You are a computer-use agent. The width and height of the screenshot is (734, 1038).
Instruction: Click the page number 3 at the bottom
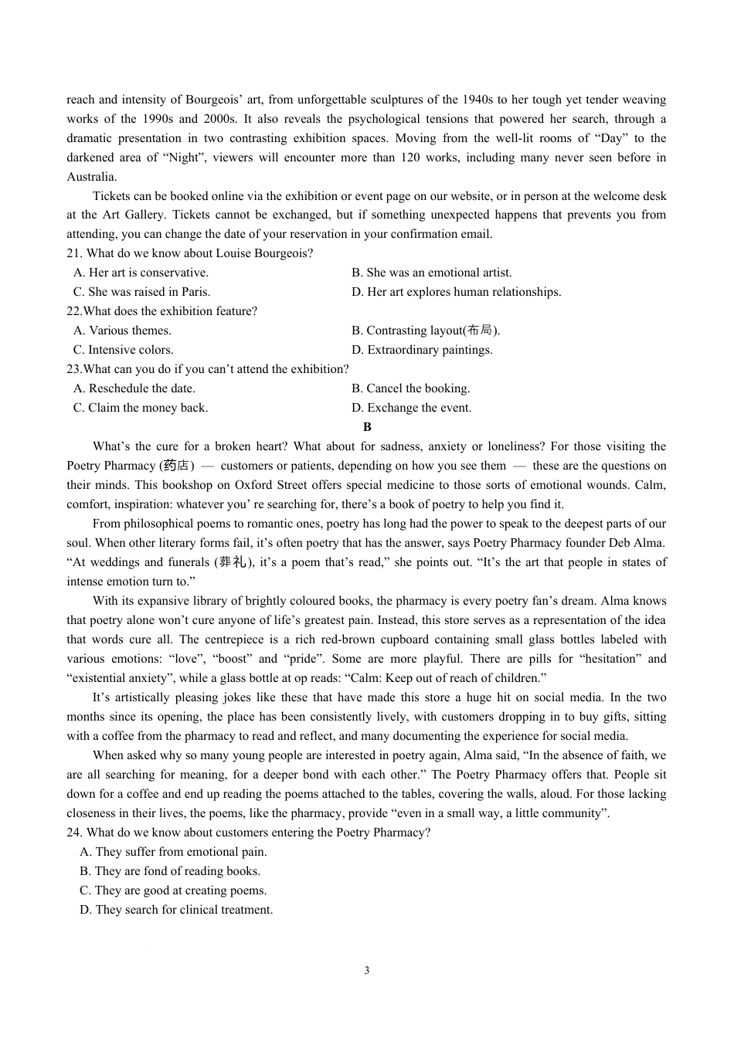[x=366, y=971]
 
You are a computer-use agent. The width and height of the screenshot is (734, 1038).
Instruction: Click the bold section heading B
[x=367, y=427]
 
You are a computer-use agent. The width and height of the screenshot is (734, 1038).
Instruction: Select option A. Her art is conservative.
[x=141, y=273]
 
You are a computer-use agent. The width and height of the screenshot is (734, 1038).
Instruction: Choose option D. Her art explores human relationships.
[x=456, y=292]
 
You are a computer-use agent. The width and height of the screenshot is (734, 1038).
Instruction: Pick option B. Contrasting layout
[x=425, y=331]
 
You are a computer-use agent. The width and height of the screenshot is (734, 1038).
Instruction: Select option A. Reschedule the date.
[x=134, y=388]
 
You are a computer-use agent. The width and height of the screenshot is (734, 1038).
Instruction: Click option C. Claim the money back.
[x=141, y=408]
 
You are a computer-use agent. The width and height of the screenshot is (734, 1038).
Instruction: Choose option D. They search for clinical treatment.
[x=176, y=910]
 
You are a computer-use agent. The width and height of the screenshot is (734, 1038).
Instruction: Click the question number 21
[x=73, y=253]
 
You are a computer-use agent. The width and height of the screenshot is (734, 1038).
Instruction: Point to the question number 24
[x=73, y=833]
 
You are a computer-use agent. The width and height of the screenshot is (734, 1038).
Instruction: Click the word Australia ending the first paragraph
[x=91, y=177]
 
